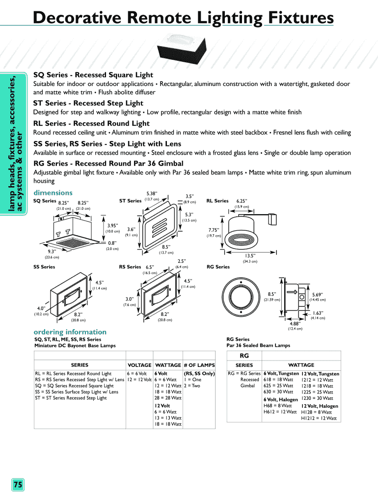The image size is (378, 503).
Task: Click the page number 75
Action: coord(18,485)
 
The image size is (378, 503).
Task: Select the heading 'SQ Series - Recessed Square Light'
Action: coord(93,75)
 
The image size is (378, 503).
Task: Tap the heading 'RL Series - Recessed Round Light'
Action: coord(91,123)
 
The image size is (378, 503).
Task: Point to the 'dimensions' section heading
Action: coord(53,193)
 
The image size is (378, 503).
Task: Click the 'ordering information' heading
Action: coord(70,332)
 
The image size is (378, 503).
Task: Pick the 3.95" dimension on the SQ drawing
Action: coord(113,226)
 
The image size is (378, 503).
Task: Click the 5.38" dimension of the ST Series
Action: coord(152,193)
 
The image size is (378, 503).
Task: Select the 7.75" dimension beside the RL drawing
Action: coord(214,230)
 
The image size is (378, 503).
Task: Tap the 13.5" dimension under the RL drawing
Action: coord(251,255)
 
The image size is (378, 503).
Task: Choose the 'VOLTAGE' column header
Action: coord(139,365)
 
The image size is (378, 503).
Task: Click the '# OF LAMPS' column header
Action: coord(199,365)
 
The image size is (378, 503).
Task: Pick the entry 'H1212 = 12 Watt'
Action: coord(319,419)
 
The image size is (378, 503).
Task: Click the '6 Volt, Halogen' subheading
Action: coord(281,399)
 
